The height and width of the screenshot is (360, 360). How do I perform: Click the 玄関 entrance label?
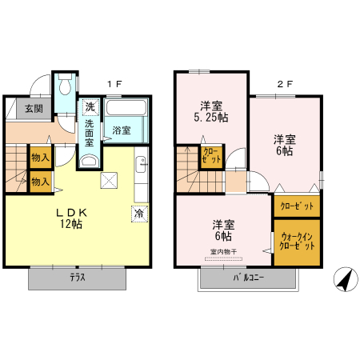pos(33,108)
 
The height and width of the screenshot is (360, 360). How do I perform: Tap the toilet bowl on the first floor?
pos(65,84)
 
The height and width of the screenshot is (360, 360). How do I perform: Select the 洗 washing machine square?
pos(90,107)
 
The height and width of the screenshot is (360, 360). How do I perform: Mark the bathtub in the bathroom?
pos(125,110)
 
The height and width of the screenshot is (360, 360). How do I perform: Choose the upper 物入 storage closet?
pos(40,158)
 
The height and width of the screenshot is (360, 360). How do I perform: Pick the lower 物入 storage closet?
pos(40,182)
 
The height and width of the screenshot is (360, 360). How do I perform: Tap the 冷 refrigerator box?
pos(140,214)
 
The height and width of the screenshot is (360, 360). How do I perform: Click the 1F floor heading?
pos(114,83)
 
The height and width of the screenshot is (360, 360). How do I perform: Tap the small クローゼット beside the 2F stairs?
pos(211,155)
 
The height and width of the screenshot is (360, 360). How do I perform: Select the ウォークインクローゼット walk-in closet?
pos(298,241)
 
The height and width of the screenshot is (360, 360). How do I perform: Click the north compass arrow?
pos(344,279)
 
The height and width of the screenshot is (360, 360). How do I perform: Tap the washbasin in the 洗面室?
pos(89,161)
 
